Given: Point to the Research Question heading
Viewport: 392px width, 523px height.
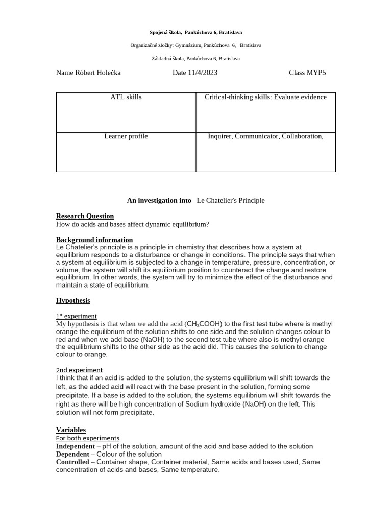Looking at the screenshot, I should click(85, 216).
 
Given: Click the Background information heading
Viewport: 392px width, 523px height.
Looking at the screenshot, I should click(94, 240).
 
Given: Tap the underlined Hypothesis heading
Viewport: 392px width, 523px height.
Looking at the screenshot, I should click(72, 300).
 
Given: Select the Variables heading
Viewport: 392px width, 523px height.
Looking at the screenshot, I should click(70, 430).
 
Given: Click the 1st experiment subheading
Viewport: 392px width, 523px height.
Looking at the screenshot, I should click(76, 316).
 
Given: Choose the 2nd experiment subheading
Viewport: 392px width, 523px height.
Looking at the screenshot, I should click(79, 370).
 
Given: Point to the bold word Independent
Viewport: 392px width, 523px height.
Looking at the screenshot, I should click(76, 446).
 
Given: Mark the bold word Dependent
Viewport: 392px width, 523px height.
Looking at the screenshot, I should click(73, 454).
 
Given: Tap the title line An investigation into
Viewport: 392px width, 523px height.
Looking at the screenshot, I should click(159, 200).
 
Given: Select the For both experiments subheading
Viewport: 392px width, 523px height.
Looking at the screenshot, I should click(87, 438).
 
